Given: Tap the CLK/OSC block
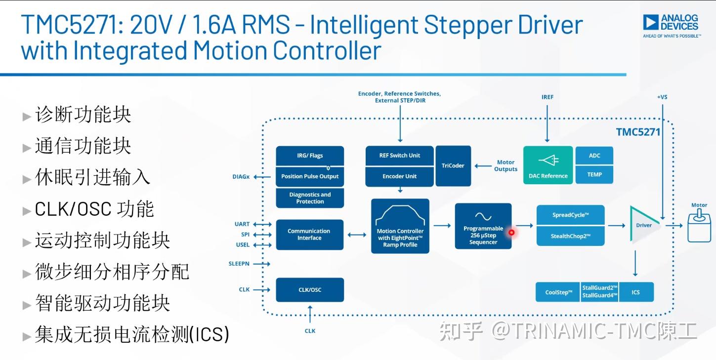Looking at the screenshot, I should coord(309,290).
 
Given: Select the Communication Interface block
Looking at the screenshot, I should coord(309,235).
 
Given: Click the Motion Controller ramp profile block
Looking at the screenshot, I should coord(400,226).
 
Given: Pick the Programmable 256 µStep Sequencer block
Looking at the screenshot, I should coord(483,226).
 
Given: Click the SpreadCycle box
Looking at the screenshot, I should coord(570,215).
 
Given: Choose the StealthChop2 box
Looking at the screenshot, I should coord(570,236).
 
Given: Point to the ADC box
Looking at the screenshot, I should coord(594,156).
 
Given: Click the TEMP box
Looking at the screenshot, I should coord(594,174).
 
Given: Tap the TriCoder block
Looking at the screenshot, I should coord(453,166).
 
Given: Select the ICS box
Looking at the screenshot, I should coord(635,292).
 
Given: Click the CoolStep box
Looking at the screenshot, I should coord(558,292).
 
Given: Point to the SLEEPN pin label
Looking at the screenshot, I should coord(239,264).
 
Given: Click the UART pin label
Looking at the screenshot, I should coord(242,224).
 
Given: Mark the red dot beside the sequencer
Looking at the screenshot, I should coord(511,232).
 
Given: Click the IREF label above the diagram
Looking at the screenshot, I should coord(547,97).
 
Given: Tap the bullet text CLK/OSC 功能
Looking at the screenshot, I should coord(94,209).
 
